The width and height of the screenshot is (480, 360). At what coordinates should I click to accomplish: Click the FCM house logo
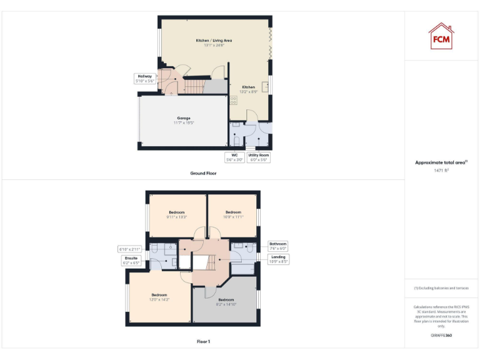coord(441,36)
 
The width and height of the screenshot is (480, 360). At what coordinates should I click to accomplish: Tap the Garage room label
coord(183,120)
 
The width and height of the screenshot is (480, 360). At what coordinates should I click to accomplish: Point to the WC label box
coord(235,157)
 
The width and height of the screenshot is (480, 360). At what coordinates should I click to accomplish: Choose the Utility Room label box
coord(258,157)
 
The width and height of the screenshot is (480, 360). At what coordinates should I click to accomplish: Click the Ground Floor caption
coord(203,173)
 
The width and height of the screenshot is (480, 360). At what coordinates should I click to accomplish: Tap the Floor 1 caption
coord(203,342)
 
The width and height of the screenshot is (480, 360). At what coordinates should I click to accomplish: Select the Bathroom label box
coord(277,246)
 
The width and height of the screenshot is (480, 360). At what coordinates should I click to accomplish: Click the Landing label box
coord(279,259)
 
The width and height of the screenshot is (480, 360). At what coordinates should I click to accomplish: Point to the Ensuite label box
coord(131,261)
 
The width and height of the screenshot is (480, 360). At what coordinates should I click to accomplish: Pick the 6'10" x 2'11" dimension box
coord(131,249)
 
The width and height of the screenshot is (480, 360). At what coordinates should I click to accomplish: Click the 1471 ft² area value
coord(441,169)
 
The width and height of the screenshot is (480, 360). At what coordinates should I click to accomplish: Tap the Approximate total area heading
coord(441,162)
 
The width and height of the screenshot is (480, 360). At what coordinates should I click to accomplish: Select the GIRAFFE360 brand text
coord(441,336)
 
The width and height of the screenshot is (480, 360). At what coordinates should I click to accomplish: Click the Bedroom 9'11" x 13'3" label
coord(177,214)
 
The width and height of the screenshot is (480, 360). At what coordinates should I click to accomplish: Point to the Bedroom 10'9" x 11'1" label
coord(233,214)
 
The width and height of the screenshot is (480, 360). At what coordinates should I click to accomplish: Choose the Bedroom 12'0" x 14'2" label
coord(159,297)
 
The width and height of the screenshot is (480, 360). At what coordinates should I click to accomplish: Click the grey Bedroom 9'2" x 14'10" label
coord(226,302)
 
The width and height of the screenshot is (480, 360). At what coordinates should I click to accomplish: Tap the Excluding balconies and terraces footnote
coord(441,288)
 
